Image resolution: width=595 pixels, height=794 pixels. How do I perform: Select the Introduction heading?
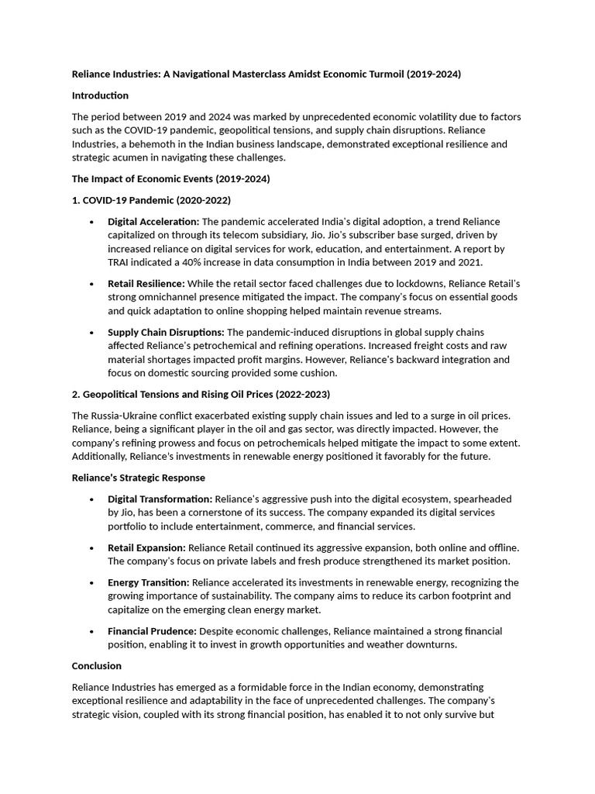coord(100,95)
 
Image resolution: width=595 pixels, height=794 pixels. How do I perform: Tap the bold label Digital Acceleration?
coord(153,222)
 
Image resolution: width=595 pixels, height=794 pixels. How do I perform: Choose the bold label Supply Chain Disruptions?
coord(166,332)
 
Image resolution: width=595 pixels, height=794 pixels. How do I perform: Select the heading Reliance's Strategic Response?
coord(139,478)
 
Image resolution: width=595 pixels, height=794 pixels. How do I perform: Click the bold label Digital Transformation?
coord(160,499)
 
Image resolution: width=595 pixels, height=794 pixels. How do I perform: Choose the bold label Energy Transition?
coord(148,582)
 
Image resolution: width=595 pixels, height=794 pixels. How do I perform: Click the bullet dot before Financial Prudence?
coord(92,631)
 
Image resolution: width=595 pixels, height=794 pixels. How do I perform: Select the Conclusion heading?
coord(97,665)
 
